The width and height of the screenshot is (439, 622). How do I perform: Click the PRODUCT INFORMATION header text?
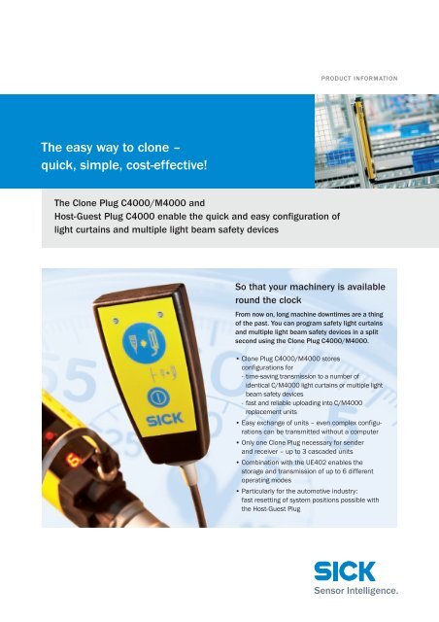359,79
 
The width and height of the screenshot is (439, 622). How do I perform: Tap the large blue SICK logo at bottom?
344,571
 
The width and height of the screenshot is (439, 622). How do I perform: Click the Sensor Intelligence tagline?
355,591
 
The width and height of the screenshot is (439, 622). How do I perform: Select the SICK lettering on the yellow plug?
164,419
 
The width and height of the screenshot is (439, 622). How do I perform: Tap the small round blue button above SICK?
158,397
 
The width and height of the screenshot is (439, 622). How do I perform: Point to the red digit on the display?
74,460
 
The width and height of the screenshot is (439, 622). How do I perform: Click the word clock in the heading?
289,300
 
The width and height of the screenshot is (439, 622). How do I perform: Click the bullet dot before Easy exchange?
238,423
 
